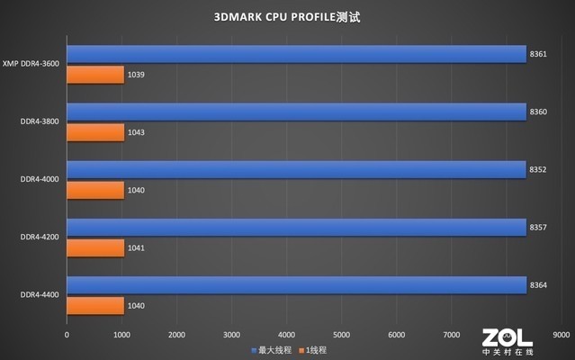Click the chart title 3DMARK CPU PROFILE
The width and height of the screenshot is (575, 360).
click(x=287, y=17)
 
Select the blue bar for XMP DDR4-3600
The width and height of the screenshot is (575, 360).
click(x=296, y=55)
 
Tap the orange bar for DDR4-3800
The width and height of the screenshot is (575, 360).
click(x=95, y=132)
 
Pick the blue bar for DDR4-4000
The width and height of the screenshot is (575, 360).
click(x=296, y=170)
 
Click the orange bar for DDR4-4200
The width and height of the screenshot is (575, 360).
click(x=95, y=247)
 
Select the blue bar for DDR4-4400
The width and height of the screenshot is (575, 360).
click(x=296, y=285)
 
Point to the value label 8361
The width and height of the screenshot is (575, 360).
click(x=538, y=55)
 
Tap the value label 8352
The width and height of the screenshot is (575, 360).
click(x=538, y=170)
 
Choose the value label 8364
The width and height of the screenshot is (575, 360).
click(x=538, y=285)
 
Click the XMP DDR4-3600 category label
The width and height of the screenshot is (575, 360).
click(x=31, y=64)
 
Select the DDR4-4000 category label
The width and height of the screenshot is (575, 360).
click(x=40, y=179)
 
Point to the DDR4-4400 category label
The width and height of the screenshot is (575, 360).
click(x=40, y=294)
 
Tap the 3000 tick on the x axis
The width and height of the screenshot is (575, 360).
click(x=231, y=333)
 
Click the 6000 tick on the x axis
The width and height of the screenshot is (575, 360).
click(x=396, y=333)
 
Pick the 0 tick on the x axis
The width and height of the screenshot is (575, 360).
click(x=67, y=333)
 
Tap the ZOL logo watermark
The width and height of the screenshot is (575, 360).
click(x=507, y=340)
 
